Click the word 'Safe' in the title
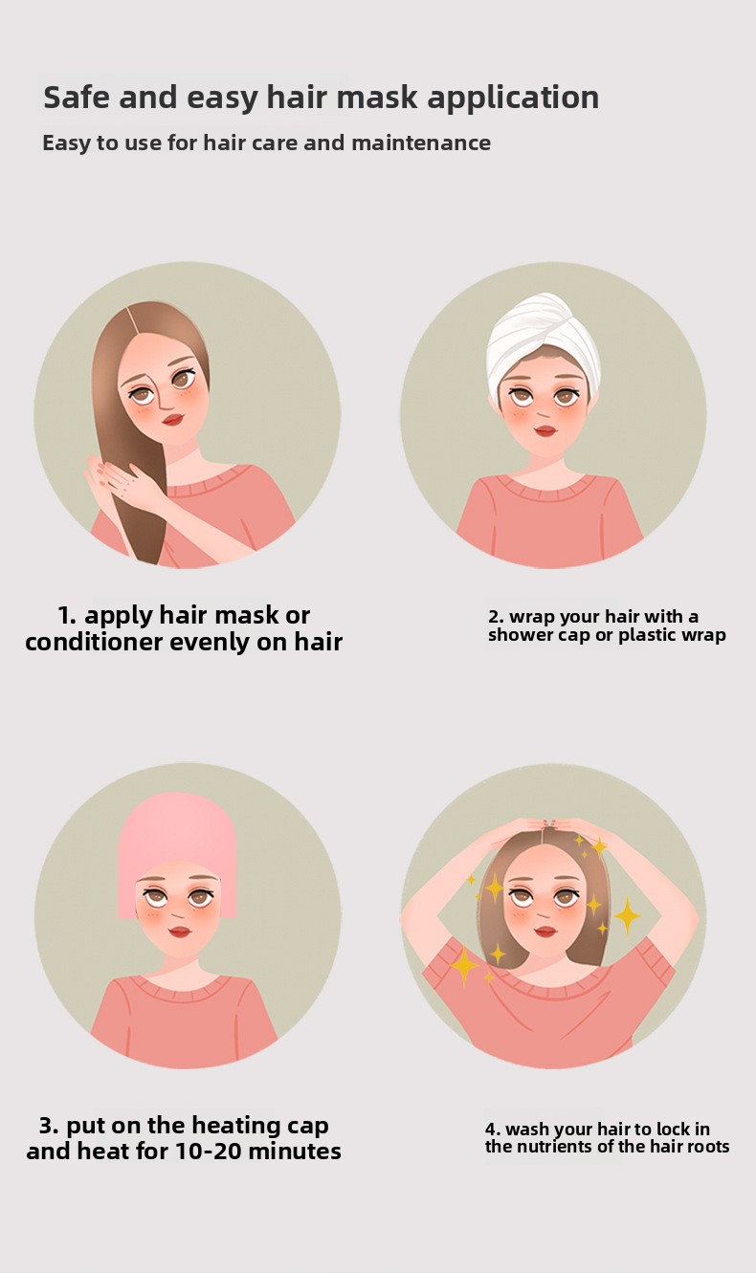pyautogui.click(x=78, y=98)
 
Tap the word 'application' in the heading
pyautogui.click(x=513, y=99)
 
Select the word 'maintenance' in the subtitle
pyautogui.click(x=421, y=143)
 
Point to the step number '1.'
pyautogui.click(x=67, y=615)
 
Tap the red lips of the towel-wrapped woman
pyautogui.click(x=545, y=430)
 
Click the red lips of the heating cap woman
pyautogui.click(x=180, y=932)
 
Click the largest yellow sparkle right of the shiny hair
pyautogui.click(x=628, y=915)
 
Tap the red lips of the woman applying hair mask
pyautogui.click(x=173, y=420)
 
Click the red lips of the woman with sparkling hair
pyautogui.click(x=545, y=932)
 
